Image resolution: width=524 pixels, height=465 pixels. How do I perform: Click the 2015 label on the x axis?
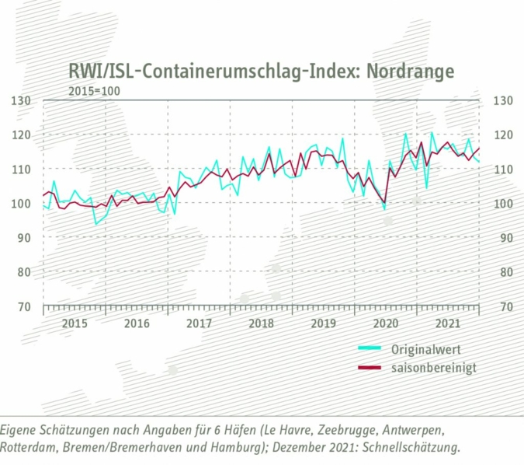[74, 323]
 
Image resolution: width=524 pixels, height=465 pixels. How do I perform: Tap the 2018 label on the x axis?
[262, 323]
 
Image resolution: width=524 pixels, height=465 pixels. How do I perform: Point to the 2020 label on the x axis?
[387, 323]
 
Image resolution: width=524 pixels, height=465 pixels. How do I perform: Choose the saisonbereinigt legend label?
[434, 367]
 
